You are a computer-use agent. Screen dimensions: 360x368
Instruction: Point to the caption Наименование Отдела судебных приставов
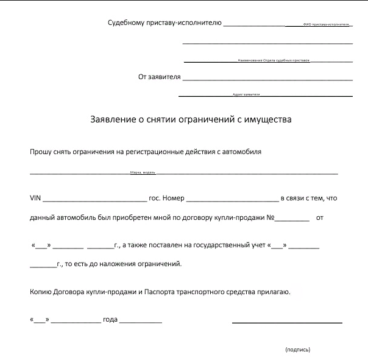coord(269,61)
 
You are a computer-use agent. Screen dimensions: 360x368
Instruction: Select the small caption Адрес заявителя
coord(246,95)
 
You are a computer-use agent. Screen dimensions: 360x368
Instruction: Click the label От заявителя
coord(160,77)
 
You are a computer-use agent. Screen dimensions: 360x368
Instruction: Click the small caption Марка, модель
coord(143,173)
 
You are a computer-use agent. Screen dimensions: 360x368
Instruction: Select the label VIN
coord(35,198)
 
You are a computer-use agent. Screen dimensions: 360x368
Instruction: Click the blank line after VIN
coord(94,200)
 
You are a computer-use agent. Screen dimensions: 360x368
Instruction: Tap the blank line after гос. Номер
coord(232,200)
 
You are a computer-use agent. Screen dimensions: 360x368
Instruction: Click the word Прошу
coord(40,152)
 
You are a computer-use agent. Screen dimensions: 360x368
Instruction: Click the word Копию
coord(41,292)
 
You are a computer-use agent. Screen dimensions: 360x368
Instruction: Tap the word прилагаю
coord(275,292)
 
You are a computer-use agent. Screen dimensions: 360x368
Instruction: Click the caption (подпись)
coord(297,350)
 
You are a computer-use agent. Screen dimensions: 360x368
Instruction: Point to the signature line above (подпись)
coord(286,322)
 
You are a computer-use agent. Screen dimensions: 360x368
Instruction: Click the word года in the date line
coord(110,320)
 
